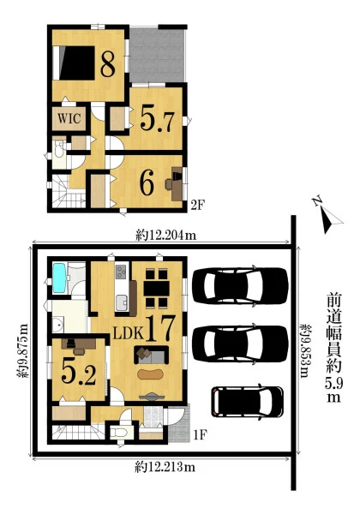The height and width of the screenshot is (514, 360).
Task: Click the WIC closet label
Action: pyautogui.click(x=69, y=118)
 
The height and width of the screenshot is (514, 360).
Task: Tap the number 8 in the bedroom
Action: pyautogui.click(x=108, y=64)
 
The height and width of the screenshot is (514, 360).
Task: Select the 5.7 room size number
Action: pyautogui.click(x=157, y=119)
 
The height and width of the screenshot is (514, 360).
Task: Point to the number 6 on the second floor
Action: pyautogui.click(x=147, y=183)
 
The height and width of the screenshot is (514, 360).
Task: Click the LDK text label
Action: pyautogui.click(x=129, y=333)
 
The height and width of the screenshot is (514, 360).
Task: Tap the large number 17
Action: pyautogui.click(x=159, y=329)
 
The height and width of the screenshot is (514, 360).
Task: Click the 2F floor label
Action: pyautogui.click(x=198, y=206)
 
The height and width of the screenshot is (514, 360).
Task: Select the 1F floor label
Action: pyautogui.click(x=200, y=435)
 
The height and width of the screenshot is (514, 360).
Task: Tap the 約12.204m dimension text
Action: pyautogui.click(x=166, y=235)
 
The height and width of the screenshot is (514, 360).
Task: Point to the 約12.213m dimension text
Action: pyautogui.click(x=165, y=467)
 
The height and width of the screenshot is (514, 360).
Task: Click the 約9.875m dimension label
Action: pyautogui.click(x=23, y=350)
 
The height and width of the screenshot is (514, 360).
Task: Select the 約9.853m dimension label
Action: pyautogui.click(x=306, y=350)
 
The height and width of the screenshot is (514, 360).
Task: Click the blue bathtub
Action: pyautogui.click(x=60, y=278)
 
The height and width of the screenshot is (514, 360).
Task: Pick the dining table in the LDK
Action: pyautogui.click(x=156, y=288)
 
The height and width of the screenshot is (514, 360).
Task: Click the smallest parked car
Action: pyautogui.click(x=247, y=403)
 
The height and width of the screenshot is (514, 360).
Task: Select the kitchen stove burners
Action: pyautogui.click(x=121, y=271)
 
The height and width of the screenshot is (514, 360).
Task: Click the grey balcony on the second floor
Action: pyautogui.click(x=157, y=55)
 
